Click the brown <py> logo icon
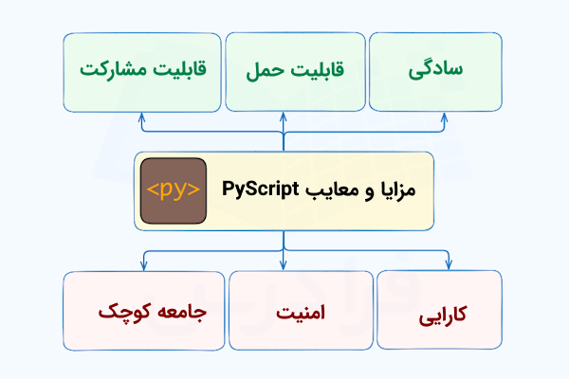(x=174, y=190)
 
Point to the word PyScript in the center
(x=262, y=189)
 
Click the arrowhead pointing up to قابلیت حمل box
(x=283, y=117)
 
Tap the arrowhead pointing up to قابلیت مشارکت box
(x=141, y=117)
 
